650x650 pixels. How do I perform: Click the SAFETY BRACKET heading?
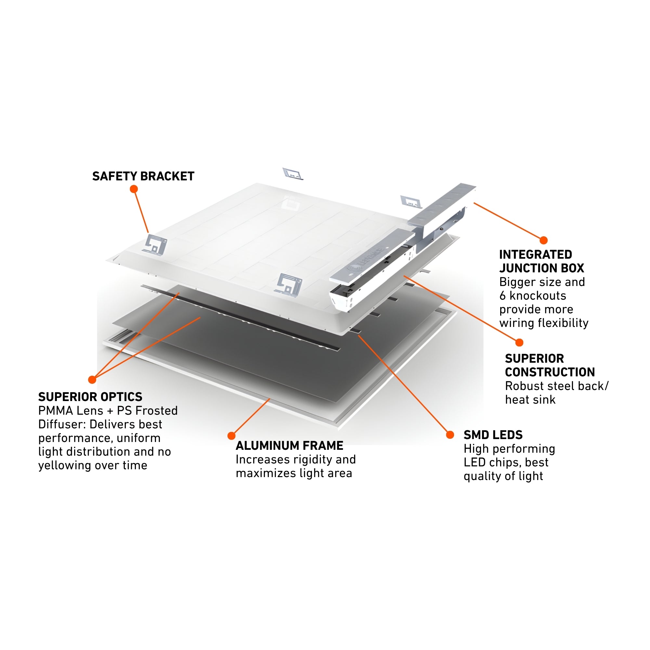coord(143,176)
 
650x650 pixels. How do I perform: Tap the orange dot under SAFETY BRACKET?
coord(134,189)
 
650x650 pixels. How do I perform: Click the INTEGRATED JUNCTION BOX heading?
coord(541,261)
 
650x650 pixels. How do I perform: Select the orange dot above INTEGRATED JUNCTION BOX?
coord(543,240)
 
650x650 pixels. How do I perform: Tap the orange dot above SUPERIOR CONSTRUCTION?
coord(519,343)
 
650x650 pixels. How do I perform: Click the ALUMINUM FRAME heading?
coord(289,446)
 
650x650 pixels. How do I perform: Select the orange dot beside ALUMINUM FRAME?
coord(231,436)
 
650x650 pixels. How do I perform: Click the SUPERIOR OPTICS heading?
coord(90,397)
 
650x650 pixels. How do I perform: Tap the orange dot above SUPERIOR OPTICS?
coord(92,380)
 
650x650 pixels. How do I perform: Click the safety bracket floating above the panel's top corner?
coord(292,174)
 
